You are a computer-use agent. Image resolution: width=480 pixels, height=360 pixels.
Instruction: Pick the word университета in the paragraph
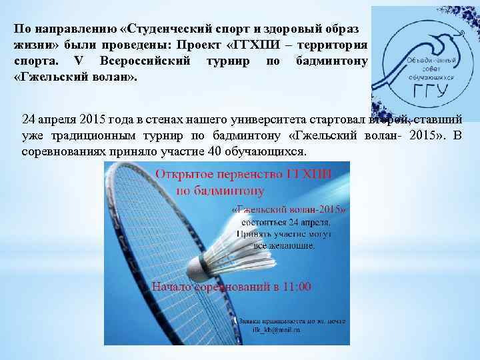265,119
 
